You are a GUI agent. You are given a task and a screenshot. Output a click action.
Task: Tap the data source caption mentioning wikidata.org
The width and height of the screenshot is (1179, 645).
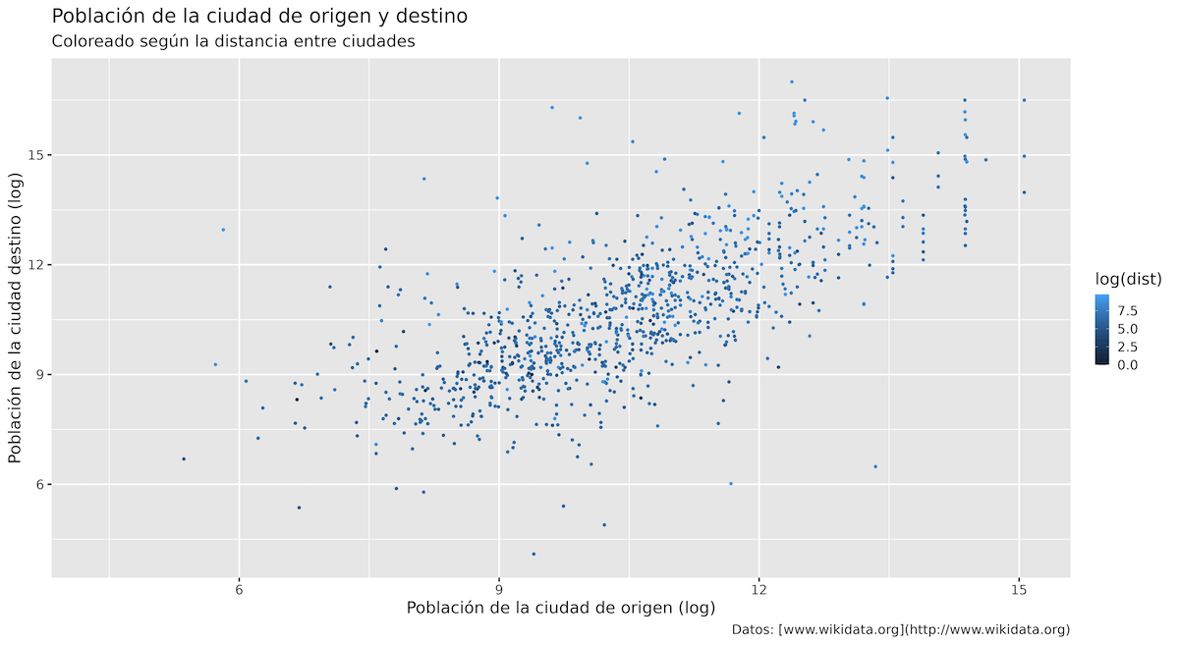pyautogui.click(x=901, y=630)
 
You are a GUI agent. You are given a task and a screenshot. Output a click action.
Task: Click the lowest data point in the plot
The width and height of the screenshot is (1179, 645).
pyautogui.click(x=533, y=554)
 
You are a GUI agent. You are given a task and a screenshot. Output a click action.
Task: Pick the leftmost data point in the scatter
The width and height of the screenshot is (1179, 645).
pyautogui.click(x=183, y=458)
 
